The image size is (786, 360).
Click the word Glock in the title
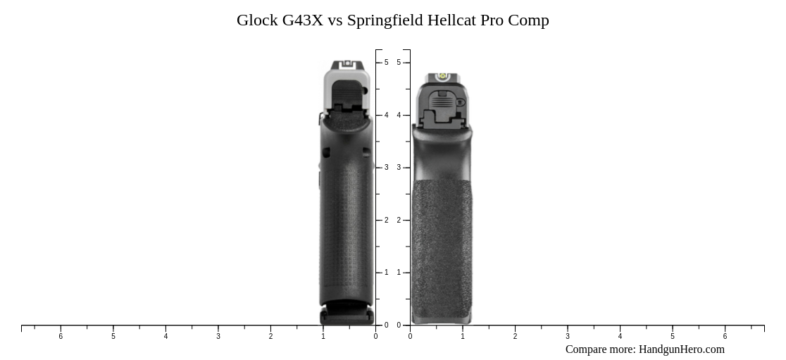[x=257, y=20]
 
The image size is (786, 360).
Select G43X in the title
[x=303, y=20]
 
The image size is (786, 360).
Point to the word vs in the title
[x=335, y=20]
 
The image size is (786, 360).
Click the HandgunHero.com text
[x=681, y=349]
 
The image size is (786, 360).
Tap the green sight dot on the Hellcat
[x=442, y=76]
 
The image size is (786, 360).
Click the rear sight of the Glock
[x=347, y=65]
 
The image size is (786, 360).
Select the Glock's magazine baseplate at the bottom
[x=347, y=314]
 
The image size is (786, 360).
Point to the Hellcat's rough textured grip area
[x=441, y=247]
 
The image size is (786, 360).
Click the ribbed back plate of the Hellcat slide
[x=441, y=103]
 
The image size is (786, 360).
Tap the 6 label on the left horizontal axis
[x=61, y=337]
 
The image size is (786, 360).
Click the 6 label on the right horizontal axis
[x=725, y=337]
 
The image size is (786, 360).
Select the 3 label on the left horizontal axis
[x=218, y=337]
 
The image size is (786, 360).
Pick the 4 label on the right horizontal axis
[x=620, y=337]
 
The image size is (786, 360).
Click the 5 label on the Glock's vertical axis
[x=386, y=63]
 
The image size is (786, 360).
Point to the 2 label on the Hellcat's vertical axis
[x=399, y=221]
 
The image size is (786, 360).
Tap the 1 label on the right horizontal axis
[x=463, y=337]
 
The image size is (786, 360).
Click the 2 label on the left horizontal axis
[x=270, y=337]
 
